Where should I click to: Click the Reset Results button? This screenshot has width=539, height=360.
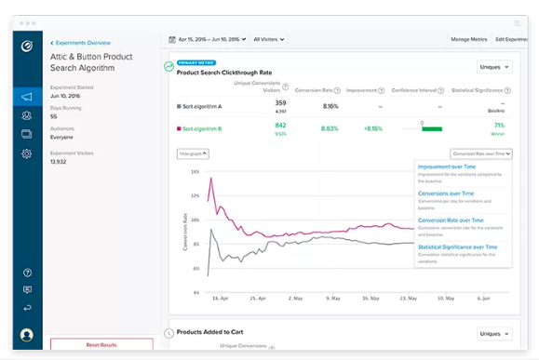coord(101,344)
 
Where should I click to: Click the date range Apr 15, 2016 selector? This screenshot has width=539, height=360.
coord(208,39)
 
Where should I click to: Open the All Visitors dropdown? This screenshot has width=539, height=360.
coord(269,39)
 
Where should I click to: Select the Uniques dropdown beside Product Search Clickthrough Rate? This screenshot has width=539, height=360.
coord(493,67)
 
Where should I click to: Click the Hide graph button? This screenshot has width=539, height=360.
coord(193,153)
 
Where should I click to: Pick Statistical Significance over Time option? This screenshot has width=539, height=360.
coord(457,247)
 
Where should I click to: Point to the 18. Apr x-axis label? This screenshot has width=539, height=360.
coord(220,299)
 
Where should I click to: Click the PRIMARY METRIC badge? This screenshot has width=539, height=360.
coord(195,63)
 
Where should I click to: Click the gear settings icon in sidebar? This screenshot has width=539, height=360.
coord(27,153)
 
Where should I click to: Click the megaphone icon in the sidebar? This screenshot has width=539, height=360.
coord(27,97)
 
